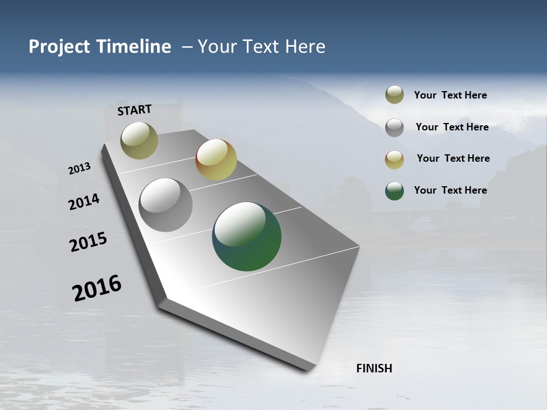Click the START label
pos(134,110)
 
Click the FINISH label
pos(374,368)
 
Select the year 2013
pos(80,169)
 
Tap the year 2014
pos(84,202)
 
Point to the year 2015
pos(88,242)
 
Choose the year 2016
pos(97,288)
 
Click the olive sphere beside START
pos(139,140)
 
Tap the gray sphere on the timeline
pos(165,205)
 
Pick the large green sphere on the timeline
pos(247,236)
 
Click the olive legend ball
pos(394,95)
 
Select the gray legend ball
pos(394,128)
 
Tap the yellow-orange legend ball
pos(394,159)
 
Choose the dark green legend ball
pos(394,191)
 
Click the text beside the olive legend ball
pos(450,95)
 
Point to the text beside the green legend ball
pos(450,190)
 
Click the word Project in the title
pos(59,47)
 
